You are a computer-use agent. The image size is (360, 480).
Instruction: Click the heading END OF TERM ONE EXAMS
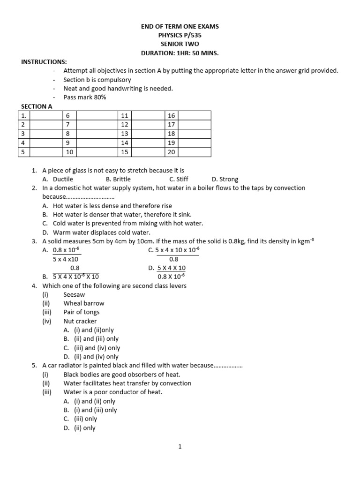(x=180, y=26)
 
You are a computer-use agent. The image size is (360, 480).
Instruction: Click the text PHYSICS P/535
(x=180, y=35)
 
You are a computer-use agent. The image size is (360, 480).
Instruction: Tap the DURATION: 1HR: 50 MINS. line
(x=180, y=53)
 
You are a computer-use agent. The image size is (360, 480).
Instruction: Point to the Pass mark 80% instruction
(x=85, y=97)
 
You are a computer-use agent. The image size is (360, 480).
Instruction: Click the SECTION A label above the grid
(x=37, y=106)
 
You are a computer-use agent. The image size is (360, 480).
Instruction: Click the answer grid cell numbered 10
(x=69, y=152)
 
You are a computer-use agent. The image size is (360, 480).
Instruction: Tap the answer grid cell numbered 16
(x=171, y=115)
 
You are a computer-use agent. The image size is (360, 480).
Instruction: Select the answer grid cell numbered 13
(x=124, y=134)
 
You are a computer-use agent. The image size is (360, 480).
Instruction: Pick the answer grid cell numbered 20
(x=171, y=152)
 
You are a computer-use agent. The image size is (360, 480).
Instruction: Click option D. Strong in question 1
(x=225, y=179)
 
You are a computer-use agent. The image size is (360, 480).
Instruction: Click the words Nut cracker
(x=80, y=321)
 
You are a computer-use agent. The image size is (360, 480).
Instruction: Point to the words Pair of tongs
(x=82, y=312)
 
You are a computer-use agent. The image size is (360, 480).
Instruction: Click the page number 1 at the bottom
(x=180, y=447)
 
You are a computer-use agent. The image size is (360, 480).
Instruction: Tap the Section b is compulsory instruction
(x=97, y=80)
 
